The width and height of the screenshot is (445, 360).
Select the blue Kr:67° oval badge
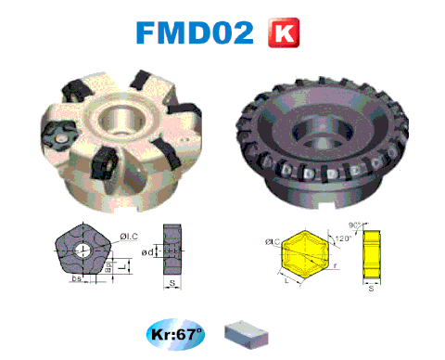point(173,333)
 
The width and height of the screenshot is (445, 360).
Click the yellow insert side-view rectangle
point(374,252)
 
